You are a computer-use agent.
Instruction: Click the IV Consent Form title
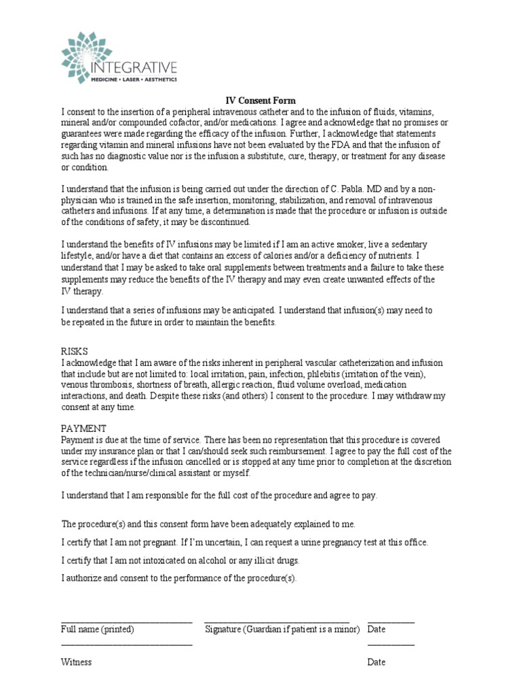260,100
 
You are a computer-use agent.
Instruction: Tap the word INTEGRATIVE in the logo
134,66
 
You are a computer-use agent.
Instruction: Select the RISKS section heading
75,352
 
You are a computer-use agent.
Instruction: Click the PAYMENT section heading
83,428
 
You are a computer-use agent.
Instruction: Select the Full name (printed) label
98,629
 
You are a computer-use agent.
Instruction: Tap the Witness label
77,662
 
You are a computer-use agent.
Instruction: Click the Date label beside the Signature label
377,629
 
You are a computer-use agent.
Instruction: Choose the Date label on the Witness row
377,662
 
